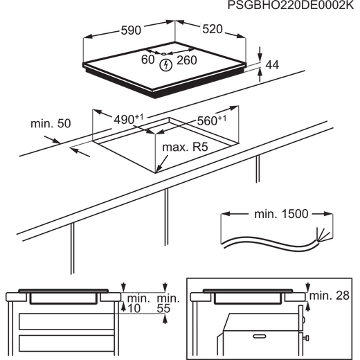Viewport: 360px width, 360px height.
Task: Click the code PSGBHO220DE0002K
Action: click(291, 6)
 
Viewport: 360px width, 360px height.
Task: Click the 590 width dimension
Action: click(131, 30)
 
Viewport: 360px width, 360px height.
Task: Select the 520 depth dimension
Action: click(213, 29)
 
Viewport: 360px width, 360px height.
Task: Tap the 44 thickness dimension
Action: click(272, 65)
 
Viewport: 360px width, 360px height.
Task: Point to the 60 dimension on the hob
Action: click(147, 60)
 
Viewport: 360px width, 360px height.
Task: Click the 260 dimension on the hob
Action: click(187, 60)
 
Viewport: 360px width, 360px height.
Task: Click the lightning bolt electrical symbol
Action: click(165, 65)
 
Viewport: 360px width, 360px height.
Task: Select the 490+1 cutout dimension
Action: click(129, 119)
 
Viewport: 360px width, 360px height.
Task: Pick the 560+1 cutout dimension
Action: click(212, 120)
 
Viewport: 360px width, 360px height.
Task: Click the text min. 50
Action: click(51, 124)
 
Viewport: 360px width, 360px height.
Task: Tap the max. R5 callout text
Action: click(185, 147)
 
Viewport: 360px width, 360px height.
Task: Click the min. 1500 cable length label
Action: click(281, 214)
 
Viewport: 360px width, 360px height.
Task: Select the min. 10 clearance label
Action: click(138, 303)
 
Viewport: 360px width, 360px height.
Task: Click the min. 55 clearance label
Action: click(168, 303)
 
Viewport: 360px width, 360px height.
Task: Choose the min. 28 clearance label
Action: click(330, 296)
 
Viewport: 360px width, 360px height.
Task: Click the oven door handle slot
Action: click(260, 336)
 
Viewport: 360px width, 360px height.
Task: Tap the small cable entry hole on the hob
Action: click(163, 54)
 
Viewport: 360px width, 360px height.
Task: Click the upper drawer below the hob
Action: click(66, 321)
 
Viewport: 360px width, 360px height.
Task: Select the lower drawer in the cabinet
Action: click(66, 343)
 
